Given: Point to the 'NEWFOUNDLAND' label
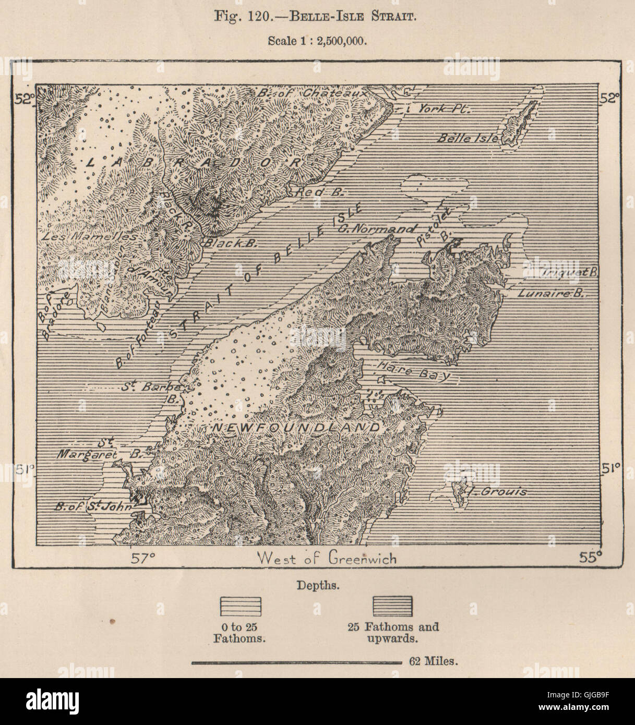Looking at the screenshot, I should click(295, 428).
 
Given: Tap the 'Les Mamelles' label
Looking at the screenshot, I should click(88, 236).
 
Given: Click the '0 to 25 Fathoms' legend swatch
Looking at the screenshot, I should click(240, 606).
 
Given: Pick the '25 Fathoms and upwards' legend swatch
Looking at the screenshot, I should click(392, 606).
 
